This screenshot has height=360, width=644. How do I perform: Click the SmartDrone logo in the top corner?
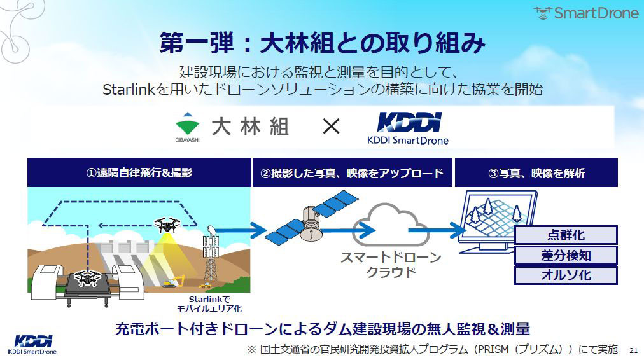coord(586,13)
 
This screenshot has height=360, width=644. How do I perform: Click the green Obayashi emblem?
coord(188,125)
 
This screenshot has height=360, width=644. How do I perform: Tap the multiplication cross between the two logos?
coord(331,126)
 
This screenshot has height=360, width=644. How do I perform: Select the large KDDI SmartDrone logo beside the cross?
coord(408,128)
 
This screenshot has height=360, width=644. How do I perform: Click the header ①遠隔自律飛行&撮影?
coord(139,172)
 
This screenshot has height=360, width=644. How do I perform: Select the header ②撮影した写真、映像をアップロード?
coord(353,172)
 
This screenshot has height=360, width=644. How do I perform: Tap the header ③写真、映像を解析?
coord(536,172)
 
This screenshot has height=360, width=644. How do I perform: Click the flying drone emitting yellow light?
coord(167,225)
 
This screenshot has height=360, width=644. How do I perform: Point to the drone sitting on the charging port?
coord(87,277)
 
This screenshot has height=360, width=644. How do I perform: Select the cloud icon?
coord(391,225)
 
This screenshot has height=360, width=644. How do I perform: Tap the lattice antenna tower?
coord(211,256)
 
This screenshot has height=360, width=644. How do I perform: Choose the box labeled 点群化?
coord(566,235)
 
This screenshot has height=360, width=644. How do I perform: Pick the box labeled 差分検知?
coord(566,255)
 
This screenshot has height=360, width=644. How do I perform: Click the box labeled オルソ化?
coord(566,275)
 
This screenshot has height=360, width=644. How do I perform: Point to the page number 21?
coord(633,350)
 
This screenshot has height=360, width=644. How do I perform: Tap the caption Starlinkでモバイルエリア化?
coord(209,304)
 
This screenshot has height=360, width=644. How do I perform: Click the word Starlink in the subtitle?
coord(129,90)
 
